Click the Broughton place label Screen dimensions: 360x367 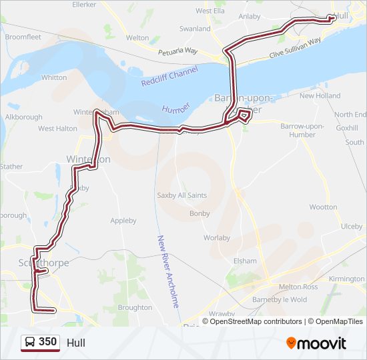click(134, 307)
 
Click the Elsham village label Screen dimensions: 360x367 click(244, 261)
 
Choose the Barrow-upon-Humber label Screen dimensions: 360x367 click(302, 130)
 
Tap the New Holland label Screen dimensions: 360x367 click(320, 96)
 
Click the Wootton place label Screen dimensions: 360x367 click(323, 207)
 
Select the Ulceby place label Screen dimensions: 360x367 click(351, 227)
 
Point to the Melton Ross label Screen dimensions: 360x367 click(281, 285)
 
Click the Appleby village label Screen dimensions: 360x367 click(123, 221)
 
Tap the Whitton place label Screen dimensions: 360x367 click(54, 77)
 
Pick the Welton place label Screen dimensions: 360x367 click(137, 38)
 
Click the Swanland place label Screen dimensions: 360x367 click(195, 29)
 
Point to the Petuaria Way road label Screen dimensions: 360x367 click(178, 51)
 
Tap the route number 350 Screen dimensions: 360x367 click(47, 342)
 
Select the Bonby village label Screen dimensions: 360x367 click(200, 213)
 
